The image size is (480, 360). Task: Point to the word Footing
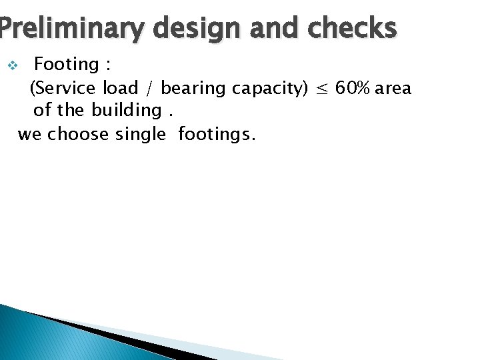coord(66,65)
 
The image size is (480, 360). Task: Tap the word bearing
coord(194,89)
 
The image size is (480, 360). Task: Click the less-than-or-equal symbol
coord(321,89)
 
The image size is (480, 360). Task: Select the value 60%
coord(353,88)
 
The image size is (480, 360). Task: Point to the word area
coord(393,89)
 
